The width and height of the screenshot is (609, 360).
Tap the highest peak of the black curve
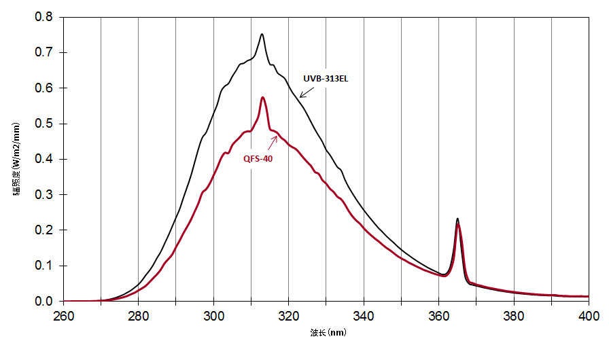click(262, 35)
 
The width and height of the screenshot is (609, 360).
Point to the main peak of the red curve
click(262, 98)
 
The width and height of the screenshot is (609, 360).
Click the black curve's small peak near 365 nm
click(457, 219)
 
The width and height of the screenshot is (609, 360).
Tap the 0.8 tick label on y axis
click(43, 17)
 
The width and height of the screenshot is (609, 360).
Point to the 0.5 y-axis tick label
click(43, 124)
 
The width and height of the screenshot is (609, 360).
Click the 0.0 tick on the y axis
click(43, 301)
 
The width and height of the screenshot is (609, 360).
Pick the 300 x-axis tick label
click(213, 315)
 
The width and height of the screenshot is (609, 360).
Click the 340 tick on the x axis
click(364, 315)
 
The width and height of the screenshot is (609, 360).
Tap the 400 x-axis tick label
click(589, 315)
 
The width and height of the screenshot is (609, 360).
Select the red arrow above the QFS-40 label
click(274, 141)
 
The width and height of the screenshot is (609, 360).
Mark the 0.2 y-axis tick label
click(43, 230)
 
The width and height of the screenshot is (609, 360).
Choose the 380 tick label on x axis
click(514, 315)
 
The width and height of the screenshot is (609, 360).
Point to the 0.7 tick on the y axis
click(43, 52)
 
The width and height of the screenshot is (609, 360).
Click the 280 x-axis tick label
click(139, 315)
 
